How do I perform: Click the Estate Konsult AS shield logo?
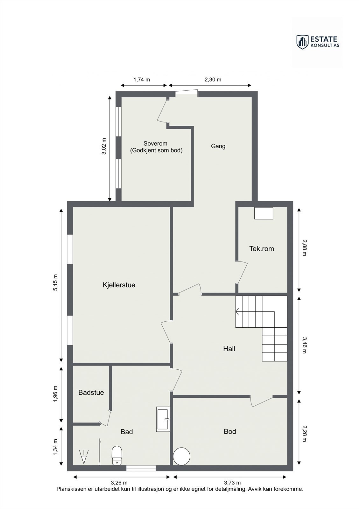point(303,42)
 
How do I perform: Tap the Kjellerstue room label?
point(119,285)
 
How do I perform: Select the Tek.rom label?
point(261,248)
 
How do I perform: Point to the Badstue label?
point(91,392)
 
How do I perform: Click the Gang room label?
point(218,146)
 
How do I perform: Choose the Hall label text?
point(229,349)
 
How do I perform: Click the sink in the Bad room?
point(163,419)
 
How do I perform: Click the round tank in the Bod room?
point(181,456)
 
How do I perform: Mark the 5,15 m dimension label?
point(55,282)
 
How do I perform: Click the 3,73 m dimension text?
point(232,483)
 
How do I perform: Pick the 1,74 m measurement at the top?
point(142,80)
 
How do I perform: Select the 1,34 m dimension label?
point(55,447)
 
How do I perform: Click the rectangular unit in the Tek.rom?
point(264,213)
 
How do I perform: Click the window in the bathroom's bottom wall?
point(141,468)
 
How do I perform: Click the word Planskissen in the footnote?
point(71,489)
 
